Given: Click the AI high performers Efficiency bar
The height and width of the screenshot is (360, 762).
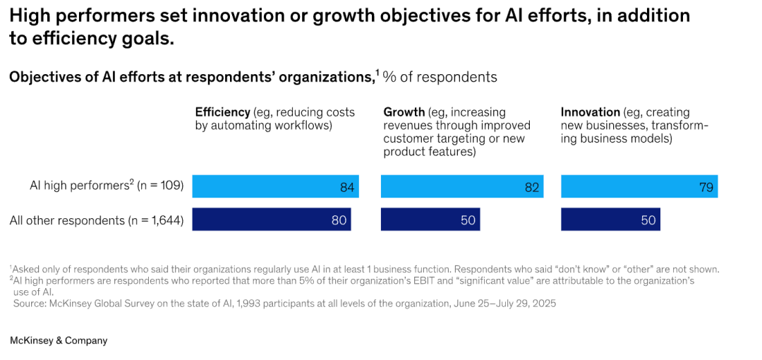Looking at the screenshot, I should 275,186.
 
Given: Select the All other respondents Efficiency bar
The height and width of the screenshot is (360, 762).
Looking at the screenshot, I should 272,220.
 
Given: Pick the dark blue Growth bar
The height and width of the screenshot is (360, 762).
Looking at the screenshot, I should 430,220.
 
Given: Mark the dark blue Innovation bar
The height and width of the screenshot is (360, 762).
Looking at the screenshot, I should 610,220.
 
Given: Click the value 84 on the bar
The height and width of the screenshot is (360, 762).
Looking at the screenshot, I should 347,187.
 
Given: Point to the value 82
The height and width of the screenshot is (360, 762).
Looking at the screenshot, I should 532,187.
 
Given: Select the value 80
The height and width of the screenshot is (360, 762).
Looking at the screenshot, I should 339,220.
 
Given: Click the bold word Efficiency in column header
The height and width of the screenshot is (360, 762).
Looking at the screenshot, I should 223,112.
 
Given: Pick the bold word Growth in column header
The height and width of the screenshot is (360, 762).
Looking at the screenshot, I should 404,112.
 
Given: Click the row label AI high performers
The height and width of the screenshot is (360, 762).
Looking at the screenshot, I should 78,186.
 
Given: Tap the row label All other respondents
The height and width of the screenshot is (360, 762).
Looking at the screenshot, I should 66,220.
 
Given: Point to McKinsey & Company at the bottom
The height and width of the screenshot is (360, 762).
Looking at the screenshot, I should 59,340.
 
